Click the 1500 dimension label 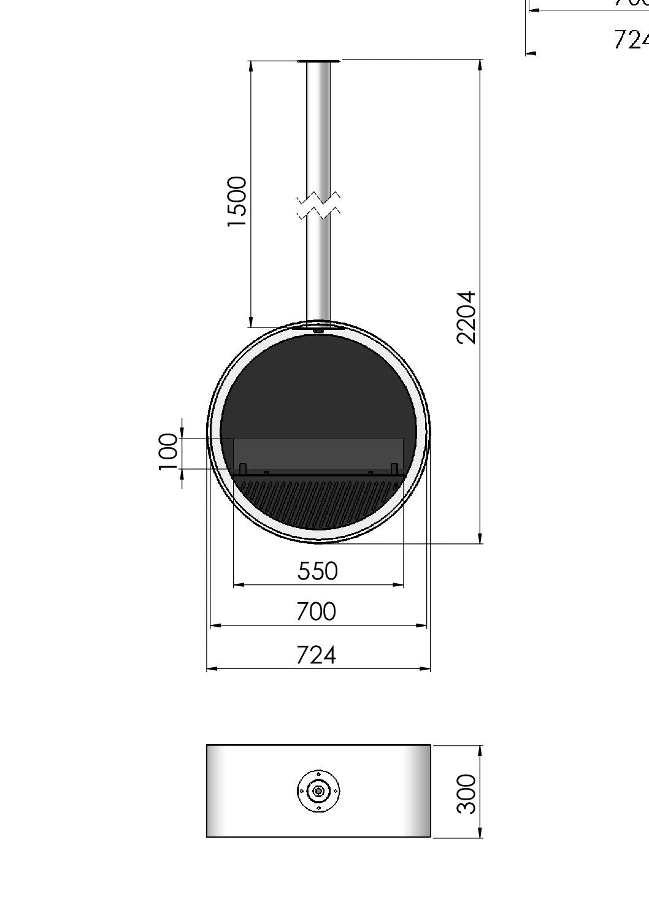click(237, 202)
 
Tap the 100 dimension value click(168, 451)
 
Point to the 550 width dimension click(317, 571)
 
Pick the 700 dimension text click(316, 611)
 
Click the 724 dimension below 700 click(316, 655)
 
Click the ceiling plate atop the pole click(318, 61)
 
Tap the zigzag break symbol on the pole click(318, 205)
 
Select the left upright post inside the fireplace click(243, 469)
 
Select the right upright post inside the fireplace click(394, 469)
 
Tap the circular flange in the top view click(318, 791)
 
